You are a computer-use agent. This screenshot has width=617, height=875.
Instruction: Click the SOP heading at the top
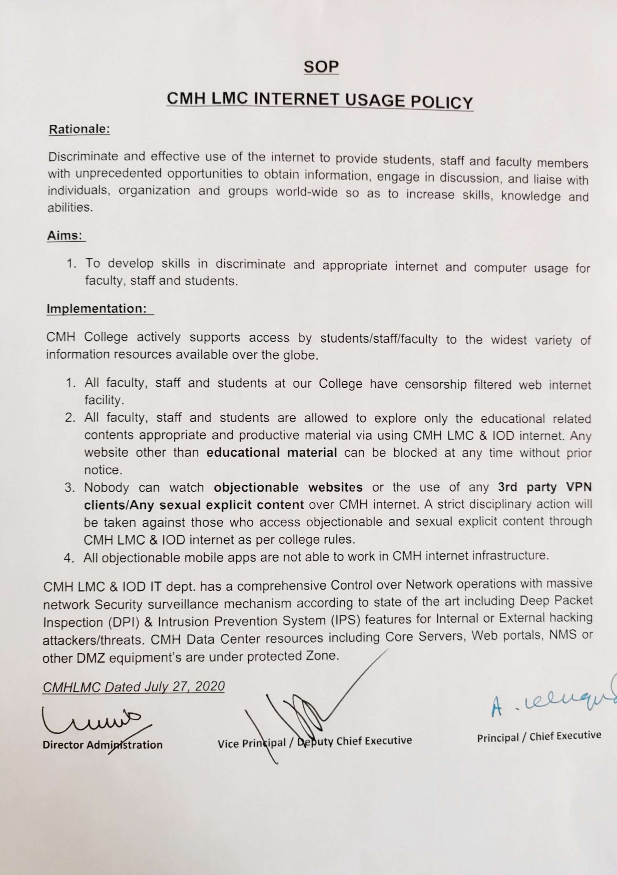tap(321, 67)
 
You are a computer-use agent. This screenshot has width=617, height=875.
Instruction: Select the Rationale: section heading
tap(79, 129)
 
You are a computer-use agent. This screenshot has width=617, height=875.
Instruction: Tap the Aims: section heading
tap(65, 235)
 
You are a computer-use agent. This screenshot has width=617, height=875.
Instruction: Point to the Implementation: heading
tap(96, 308)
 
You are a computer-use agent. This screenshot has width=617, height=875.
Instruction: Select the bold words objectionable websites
tap(288, 487)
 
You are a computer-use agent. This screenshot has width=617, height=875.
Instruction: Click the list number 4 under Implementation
tap(69, 558)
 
